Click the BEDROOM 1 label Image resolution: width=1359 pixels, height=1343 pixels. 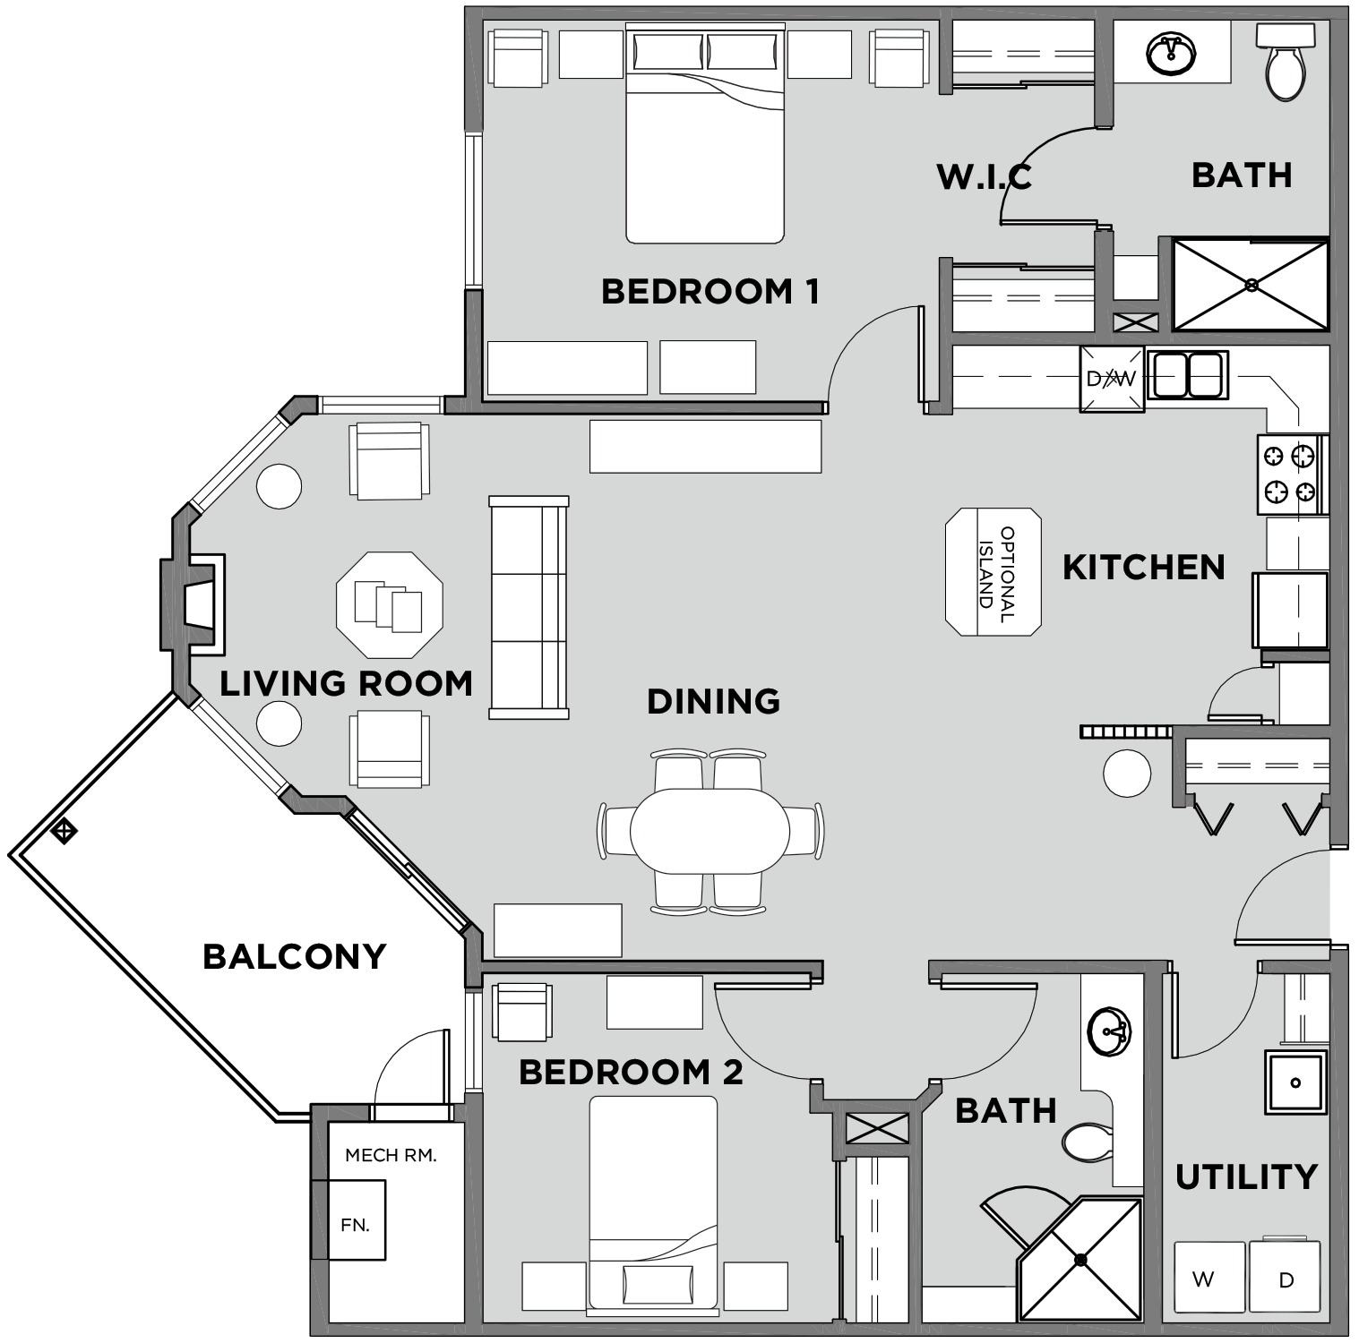tap(710, 292)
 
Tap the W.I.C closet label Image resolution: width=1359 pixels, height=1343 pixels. tap(984, 176)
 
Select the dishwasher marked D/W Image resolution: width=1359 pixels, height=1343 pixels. tap(1111, 379)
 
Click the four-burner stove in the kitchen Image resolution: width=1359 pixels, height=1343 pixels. tap(1290, 474)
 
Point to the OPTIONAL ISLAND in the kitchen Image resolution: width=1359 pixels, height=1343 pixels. tap(993, 572)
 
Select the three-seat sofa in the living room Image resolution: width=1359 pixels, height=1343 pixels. tap(529, 607)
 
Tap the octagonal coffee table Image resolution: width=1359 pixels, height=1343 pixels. tap(389, 605)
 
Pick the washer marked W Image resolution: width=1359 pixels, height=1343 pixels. tap(1208, 1279)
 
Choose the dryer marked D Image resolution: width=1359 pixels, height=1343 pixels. tap(1286, 1279)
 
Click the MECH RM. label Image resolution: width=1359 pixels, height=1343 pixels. tap(391, 1155)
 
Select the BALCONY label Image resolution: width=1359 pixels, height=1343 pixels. tap(294, 957)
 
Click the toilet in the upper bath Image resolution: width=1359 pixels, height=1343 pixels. tap(1285, 63)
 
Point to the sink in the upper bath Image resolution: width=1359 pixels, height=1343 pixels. tap(1170, 54)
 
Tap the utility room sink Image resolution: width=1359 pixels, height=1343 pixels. tap(1294, 1082)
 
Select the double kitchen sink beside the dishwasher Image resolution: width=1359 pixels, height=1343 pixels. tap(1186, 375)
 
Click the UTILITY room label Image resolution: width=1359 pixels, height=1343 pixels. tap(1245, 1176)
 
